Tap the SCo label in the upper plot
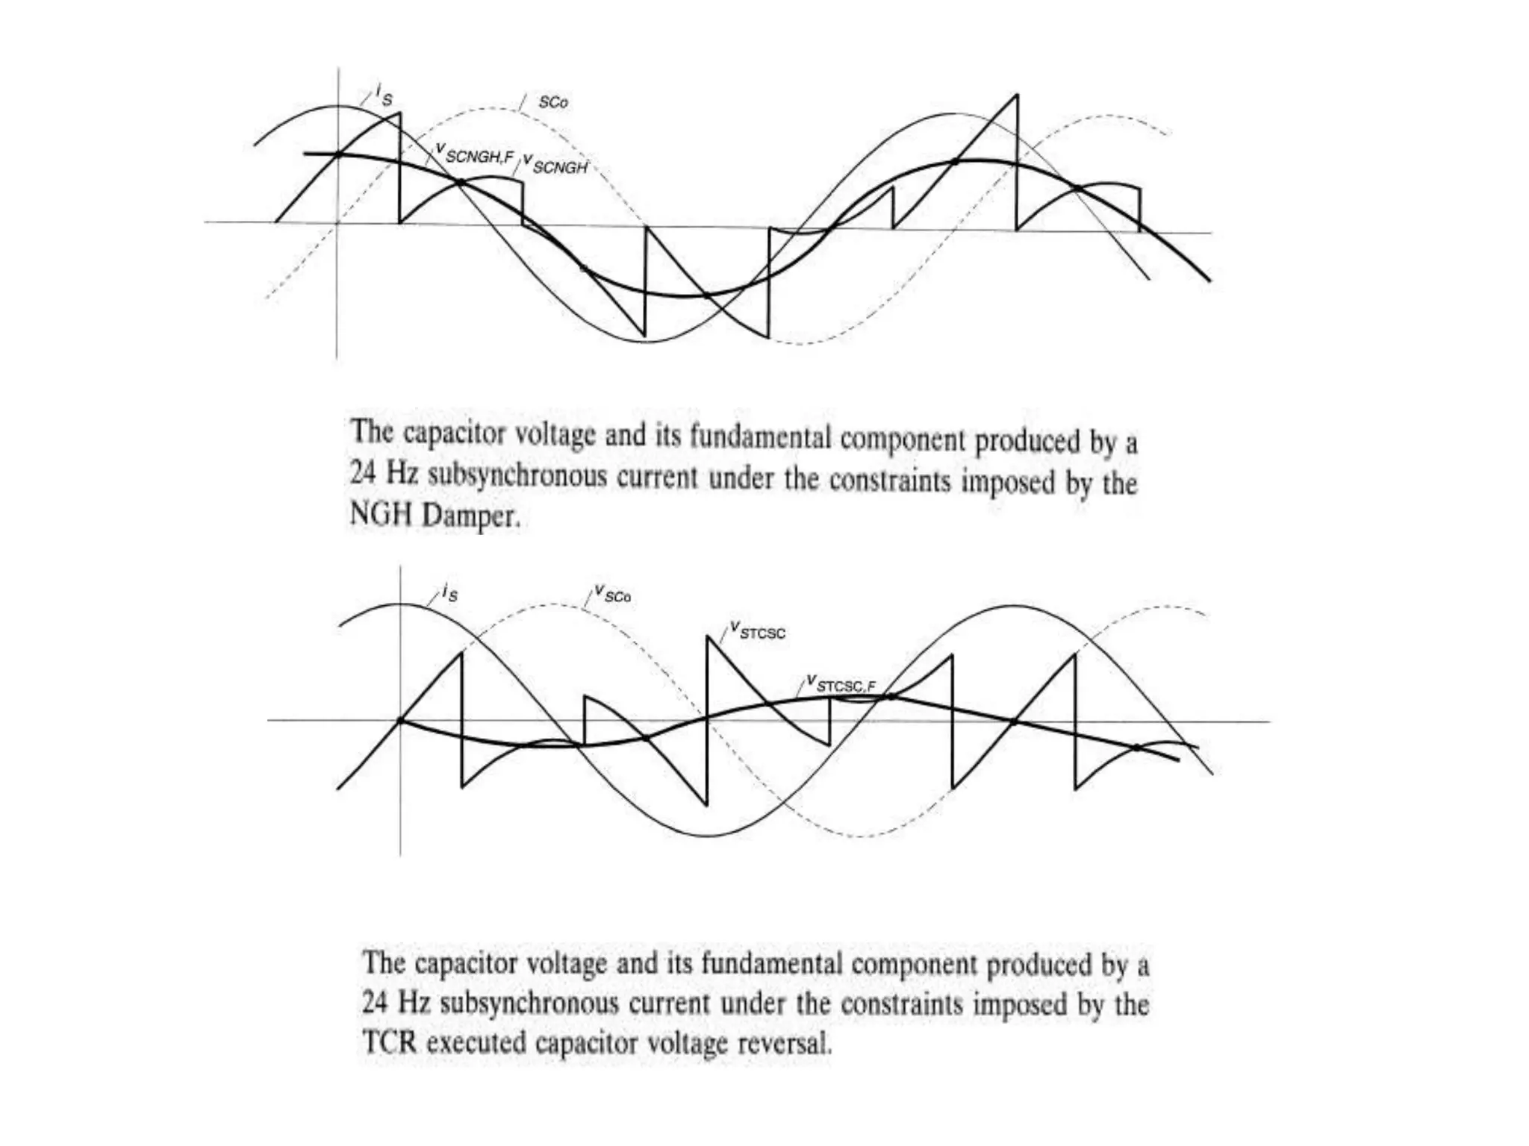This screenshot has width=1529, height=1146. click(x=552, y=102)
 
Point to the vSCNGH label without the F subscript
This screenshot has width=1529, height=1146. click(x=555, y=165)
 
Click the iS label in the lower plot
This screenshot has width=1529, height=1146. click(x=449, y=593)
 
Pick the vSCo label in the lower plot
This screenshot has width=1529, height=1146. click(x=612, y=595)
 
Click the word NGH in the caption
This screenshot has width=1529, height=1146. click(x=382, y=515)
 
